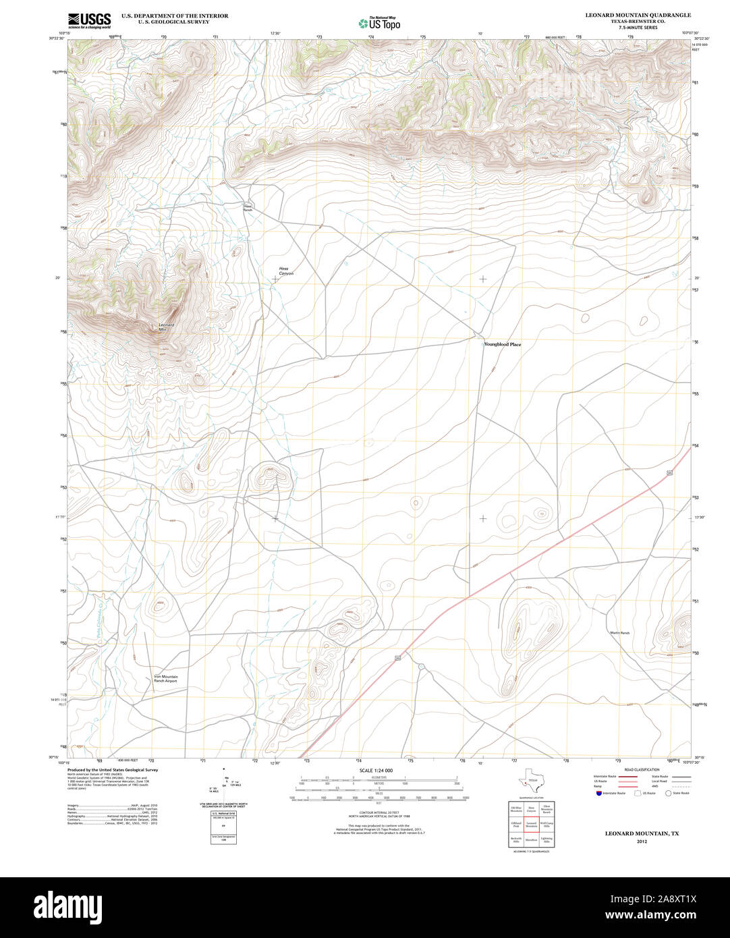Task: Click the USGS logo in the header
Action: (89, 20)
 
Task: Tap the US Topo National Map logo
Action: (379, 23)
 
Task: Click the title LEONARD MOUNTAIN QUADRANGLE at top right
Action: (638, 15)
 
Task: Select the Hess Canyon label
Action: (286, 271)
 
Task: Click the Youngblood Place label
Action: (503, 344)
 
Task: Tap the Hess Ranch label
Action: (248, 208)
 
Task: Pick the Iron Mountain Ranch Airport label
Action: (165, 679)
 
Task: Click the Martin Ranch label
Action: (619, 633)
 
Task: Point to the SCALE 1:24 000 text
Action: (376, 771)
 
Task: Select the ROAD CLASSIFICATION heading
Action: (642, 769)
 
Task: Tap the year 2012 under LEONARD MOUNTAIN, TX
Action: (641, 842)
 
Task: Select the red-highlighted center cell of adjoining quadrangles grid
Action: (531, 823)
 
